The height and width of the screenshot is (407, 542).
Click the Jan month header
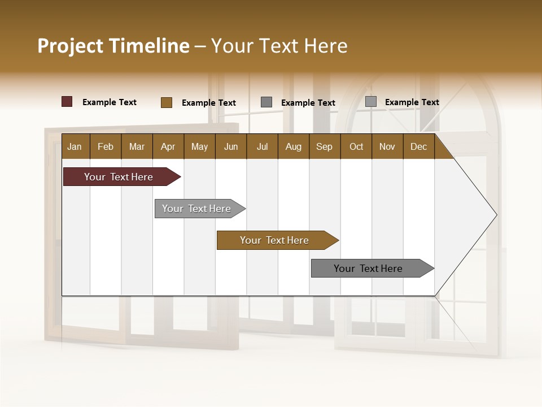tap(75, 146)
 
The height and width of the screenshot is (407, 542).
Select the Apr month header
tap(168, 146)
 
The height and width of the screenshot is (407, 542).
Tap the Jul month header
tap(262, 146)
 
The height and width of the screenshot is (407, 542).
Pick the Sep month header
tap(324, 146)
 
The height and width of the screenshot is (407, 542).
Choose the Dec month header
tap(418, 146)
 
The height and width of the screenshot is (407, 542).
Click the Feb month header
tap(106, 146)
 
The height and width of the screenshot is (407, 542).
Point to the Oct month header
tap(356, 146)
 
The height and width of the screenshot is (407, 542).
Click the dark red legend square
tap(67, 102)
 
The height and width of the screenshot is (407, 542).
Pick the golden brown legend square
tap(166, 102)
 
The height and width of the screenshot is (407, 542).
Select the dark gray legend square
tap(266, 102)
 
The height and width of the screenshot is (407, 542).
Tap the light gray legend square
tap(370, 102)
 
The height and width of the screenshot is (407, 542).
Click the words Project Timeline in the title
tap(113, 46)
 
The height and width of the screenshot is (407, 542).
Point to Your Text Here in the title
tap(279, 46)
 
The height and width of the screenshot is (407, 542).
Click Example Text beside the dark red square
tap(109, 102)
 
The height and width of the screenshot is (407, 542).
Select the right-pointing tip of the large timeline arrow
tap(495, 215)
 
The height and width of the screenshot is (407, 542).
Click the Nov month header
tap(387, 146)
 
